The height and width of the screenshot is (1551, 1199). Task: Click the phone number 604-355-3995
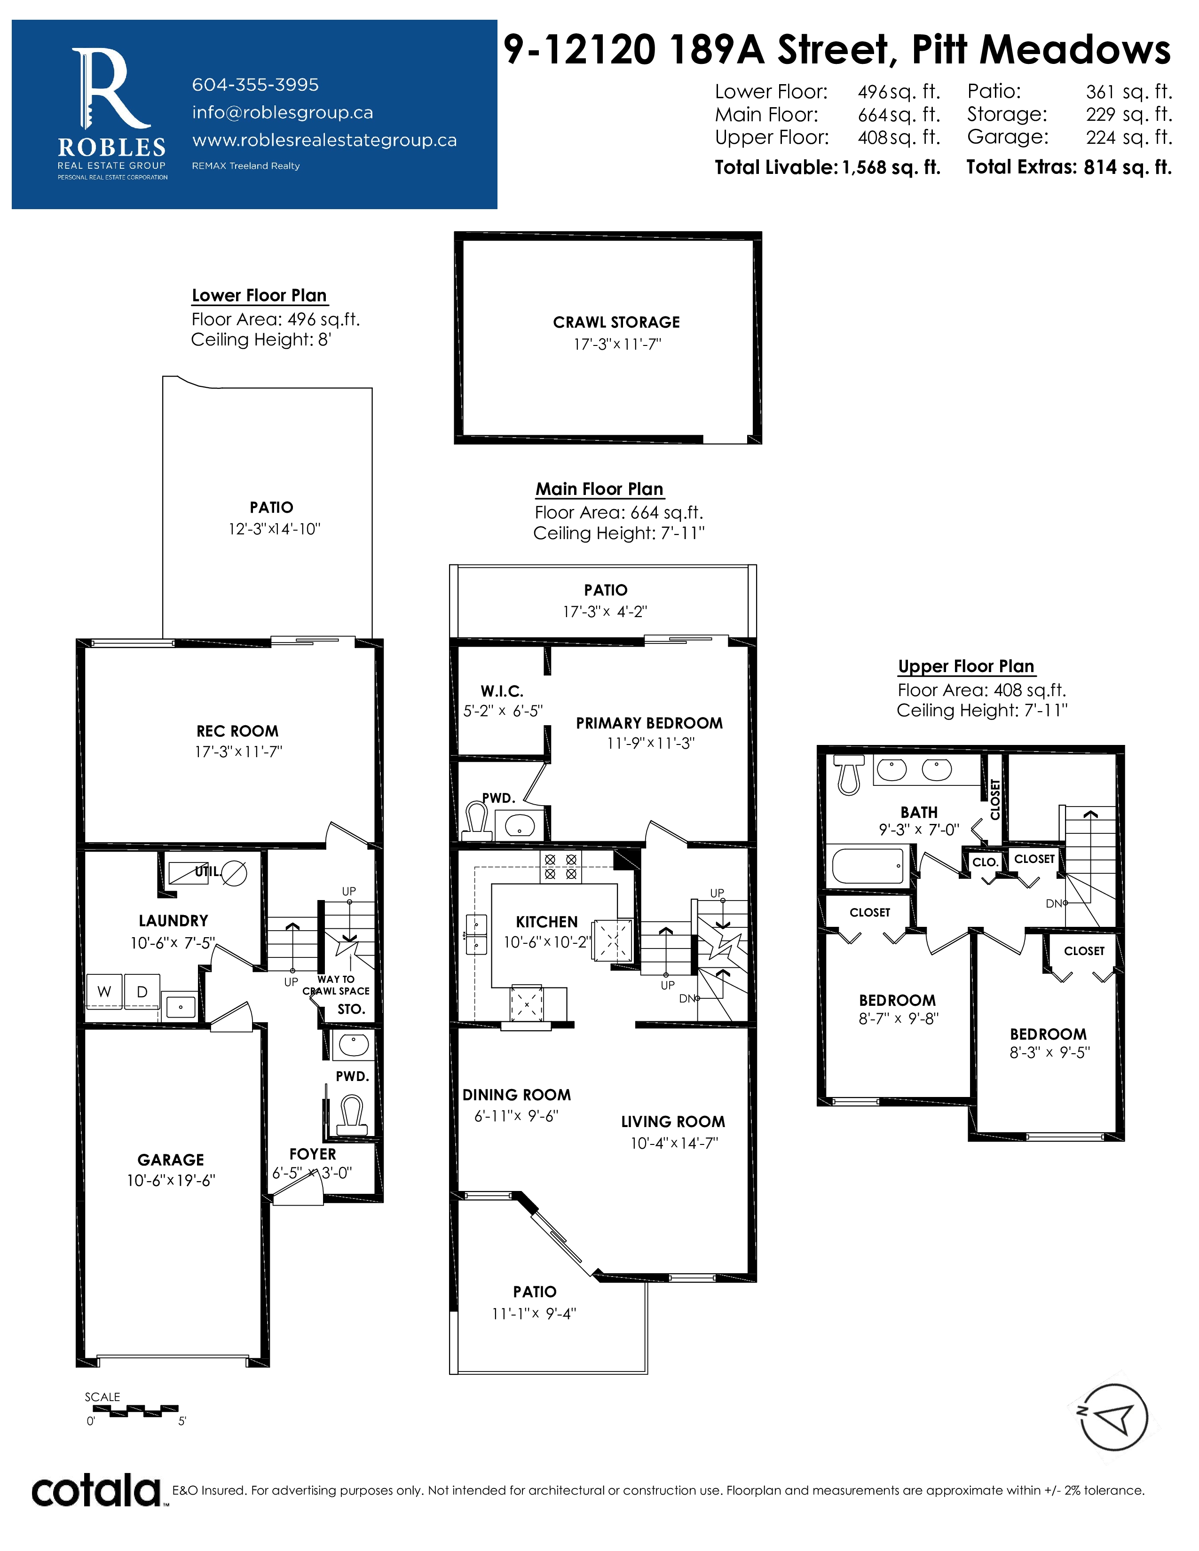point(255,85)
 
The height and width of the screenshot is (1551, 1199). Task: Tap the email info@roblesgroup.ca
point(282,112)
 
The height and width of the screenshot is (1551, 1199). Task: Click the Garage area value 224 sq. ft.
point(1128,137)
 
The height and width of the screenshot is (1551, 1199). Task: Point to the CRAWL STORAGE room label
point(616,322)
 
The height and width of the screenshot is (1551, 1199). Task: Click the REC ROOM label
point(237,731)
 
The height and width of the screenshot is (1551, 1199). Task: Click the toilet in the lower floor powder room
point(352,1115)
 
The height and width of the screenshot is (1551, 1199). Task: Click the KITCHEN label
point(546,922)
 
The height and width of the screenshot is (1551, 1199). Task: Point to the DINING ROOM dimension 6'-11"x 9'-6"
point(516,1116)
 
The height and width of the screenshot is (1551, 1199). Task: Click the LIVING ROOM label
point(673,1121)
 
